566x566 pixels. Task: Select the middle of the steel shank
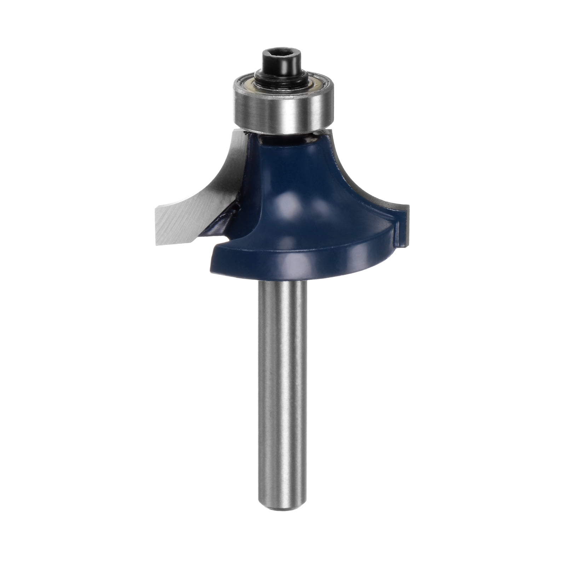coord(283,389)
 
